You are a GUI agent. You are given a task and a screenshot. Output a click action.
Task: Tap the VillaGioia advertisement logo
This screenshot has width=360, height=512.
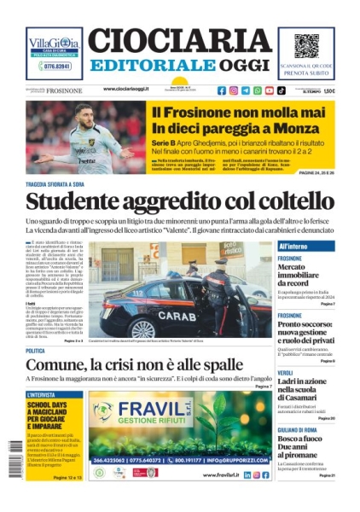click(x=55, y=44)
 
